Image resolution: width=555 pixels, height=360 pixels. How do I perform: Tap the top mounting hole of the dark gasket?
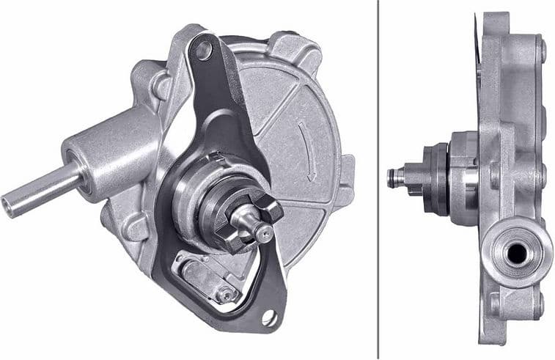pos(203,50)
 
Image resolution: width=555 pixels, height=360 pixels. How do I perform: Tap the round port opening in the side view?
pos(516,254)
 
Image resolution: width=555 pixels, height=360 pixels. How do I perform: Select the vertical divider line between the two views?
pos(378,180)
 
